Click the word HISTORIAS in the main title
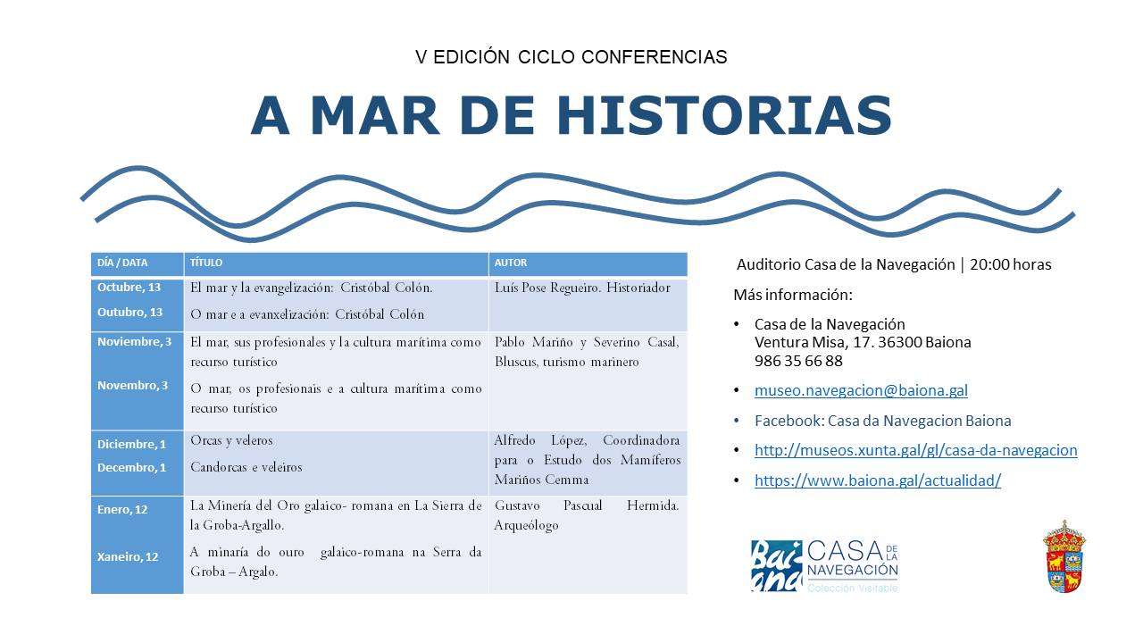coord(724,115)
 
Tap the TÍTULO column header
coord(206,263)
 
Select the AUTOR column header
coord(510,263)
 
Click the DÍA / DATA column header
coord(122,263)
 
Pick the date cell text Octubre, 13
coord(129,288)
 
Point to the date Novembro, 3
coord(133,385)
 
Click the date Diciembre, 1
coord(131,444)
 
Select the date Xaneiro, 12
coord(128,556)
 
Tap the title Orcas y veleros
coord(231,440)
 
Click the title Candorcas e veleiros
coord(246,467)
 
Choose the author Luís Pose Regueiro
coord(547,288)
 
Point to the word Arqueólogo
coord(526,526)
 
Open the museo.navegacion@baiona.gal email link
coord(861,390)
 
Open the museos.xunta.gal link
coord(916,450)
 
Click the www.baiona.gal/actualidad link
coord(878,480)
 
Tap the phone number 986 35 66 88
coord(798,361)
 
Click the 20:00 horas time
coord(1010,264)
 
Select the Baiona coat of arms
coord(1064,556)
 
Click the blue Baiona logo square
coord(776,566)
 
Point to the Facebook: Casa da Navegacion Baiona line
coord(883,421)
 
